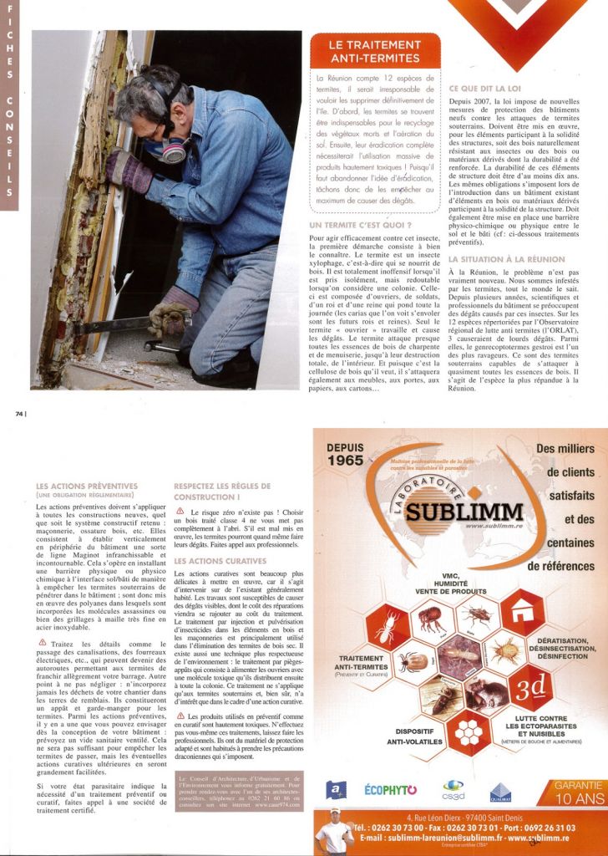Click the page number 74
[19, 412]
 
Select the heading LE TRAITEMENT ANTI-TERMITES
[374, 51]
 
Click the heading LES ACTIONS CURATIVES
[221, 561]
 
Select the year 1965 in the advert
[345, 460]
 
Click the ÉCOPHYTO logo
[390, 788]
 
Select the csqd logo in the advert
[453, 788]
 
